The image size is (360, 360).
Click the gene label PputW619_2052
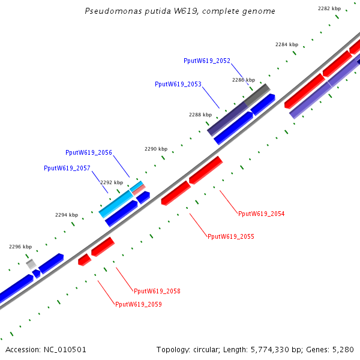pyautogui.click(x=207, y=61)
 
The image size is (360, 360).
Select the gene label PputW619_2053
pyautogui.click(x=178, y=84)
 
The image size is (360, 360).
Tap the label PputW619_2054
pyautogui.click(x=262, y=214)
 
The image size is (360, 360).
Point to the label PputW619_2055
pyautogui.click(x=231, y=236)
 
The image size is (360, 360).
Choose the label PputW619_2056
pyautogui.click(x=89, y=152)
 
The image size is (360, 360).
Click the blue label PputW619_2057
pyautogui.click(x=67, y=168)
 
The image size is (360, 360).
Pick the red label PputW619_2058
pyautogui.click(x=157, y=291)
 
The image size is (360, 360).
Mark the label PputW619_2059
pyautogui.click(x=139, y=304)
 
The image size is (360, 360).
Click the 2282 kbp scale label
pyautogui.click(x=329, y=8)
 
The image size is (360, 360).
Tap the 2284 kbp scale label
pyautogui.click(x=287, y=44)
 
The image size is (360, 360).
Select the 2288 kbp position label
pyautogui.click(x=200, y=115)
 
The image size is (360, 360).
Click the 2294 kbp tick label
pyautogui.click(x=67, y=215)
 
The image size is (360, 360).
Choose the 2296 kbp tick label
pyautogui.click(x=20, y=247)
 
